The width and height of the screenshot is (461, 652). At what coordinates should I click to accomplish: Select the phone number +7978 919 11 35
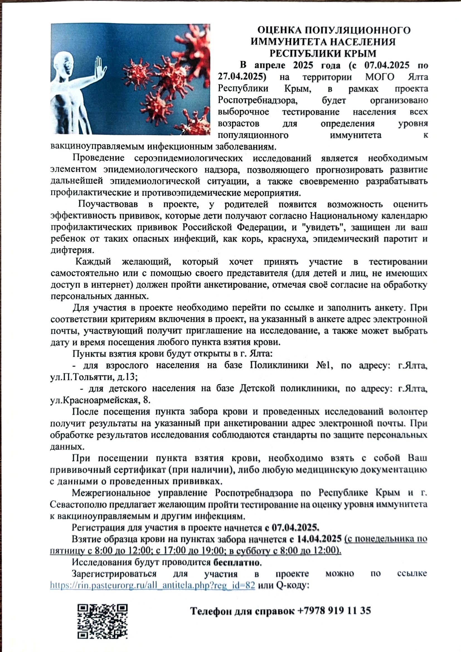(334, 610)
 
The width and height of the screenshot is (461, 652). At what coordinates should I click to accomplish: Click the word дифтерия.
(72, 250)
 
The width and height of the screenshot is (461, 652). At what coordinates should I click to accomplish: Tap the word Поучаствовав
(108, 204)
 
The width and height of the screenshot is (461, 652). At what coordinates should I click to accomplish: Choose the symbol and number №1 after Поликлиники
(324, 365)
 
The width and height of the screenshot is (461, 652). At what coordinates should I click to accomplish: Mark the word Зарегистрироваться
(114, 573)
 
